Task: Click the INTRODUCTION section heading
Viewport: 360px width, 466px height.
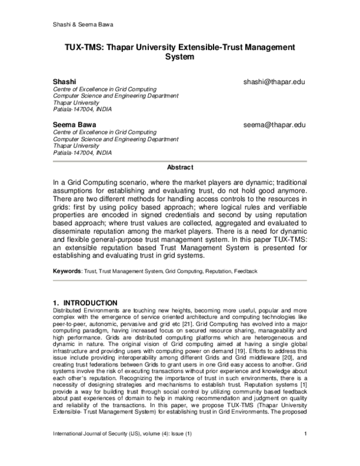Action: [x=86, y=302]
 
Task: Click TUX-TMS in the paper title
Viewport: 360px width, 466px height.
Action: [x=85, y=47]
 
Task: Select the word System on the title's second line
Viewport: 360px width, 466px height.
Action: [x=180, y=58]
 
